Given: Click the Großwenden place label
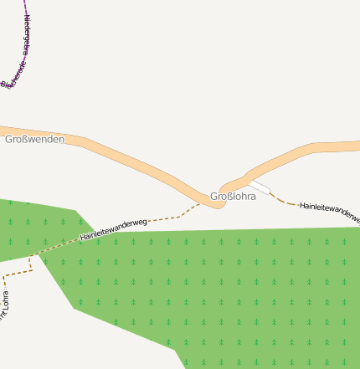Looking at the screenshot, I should click(x=34, y=139).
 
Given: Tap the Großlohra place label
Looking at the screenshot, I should click(x=232, y=197).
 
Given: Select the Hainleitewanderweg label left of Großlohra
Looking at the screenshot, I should click(x=114, y=230).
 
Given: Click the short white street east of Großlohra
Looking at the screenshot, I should click(x=261, y=187).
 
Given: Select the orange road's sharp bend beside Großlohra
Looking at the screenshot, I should click(x=219, y=203).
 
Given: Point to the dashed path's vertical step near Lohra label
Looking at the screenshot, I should click(x=31, y=264).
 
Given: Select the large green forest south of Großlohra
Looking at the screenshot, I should click(x=234, y=293).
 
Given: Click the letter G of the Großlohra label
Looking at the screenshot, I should click(x=213, y=197).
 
